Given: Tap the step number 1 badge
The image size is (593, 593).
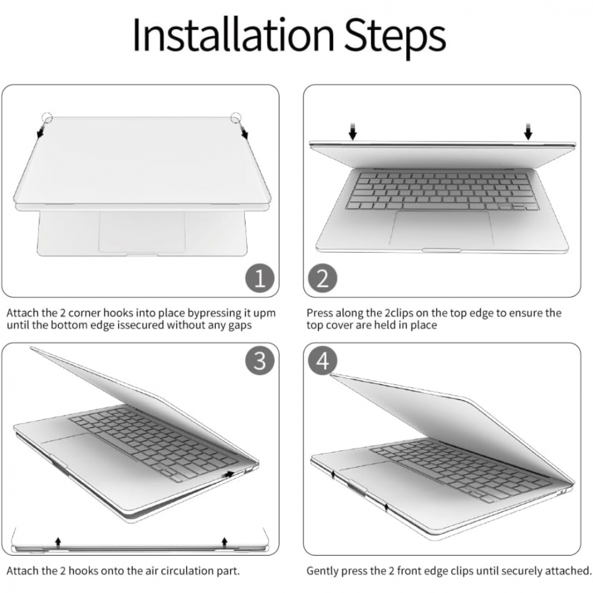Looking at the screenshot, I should [260, 278].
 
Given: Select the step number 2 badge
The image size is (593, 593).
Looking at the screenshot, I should [322, 278].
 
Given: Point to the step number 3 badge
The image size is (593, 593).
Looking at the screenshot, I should [260, 361].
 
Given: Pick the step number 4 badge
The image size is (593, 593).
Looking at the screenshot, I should [323, 361].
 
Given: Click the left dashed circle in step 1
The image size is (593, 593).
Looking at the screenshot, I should [47, 118].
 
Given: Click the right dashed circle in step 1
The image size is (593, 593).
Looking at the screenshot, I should [237, 118].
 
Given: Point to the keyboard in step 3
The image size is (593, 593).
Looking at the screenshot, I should [154, 442].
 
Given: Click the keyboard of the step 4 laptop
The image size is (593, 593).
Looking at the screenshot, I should [463, 468].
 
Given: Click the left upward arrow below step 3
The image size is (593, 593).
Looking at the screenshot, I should [58, 541].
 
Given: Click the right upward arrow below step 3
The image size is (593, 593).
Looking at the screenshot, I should [224, 541].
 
